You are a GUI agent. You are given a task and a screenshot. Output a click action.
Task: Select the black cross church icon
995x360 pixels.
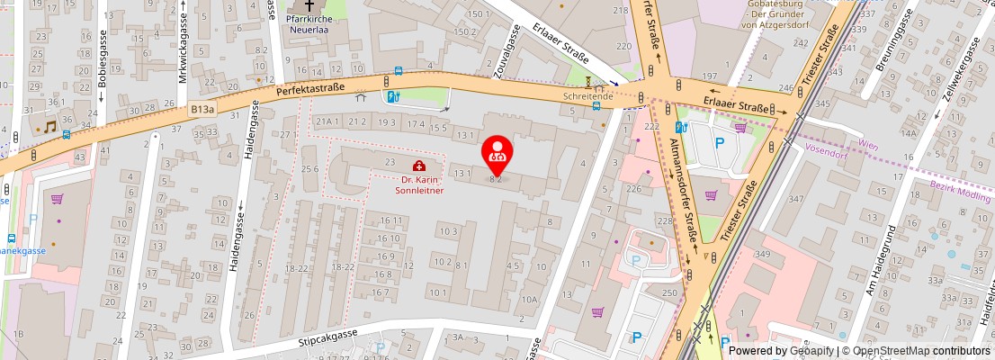[x=310, y=4]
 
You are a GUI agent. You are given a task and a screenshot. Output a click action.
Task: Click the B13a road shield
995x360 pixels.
[x=202, y=109]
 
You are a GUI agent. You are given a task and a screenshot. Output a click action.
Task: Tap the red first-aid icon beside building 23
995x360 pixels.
[x=419, y=166]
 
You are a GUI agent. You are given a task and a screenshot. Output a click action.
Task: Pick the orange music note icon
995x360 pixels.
[x=50, y=128]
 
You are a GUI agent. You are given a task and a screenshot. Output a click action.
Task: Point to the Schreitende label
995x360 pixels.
[x=587, y=95]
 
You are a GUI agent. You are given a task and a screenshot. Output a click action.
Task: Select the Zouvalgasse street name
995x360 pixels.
[x=508, y=51]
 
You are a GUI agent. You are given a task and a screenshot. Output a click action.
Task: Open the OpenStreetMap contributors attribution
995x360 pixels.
[x=917, y=351]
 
